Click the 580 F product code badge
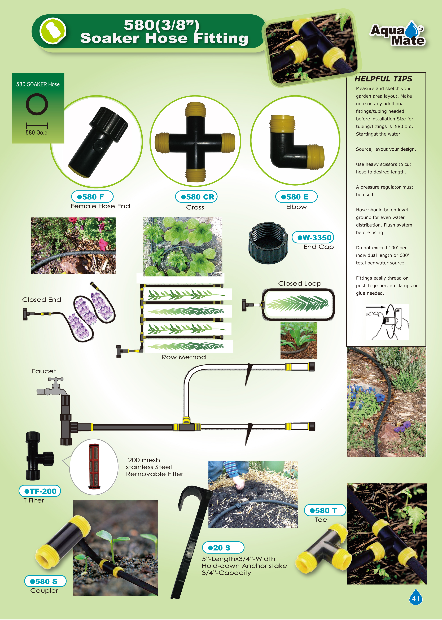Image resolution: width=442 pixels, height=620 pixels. tap(92, 197)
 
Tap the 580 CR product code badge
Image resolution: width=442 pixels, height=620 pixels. tap(196, 197)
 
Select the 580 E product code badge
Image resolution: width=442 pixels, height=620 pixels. tap(296, 197)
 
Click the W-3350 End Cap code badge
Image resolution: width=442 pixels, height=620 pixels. tap(313, 237)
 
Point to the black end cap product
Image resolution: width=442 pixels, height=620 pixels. tap(268, 243)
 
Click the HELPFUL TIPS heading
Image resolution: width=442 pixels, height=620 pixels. tap(383, 79)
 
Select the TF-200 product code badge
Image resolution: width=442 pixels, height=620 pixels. tap(40, 491)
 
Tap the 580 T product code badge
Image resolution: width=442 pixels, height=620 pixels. tap(325, 510)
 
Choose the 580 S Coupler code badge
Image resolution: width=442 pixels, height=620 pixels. tap(45, 581)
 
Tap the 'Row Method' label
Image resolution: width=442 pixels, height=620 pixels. tap(184, 357)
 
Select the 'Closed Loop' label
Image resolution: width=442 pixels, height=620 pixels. tap(300, 283)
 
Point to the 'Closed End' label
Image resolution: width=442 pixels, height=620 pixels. tap(41, 299)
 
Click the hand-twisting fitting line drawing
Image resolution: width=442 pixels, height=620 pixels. tap(387, 322)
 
